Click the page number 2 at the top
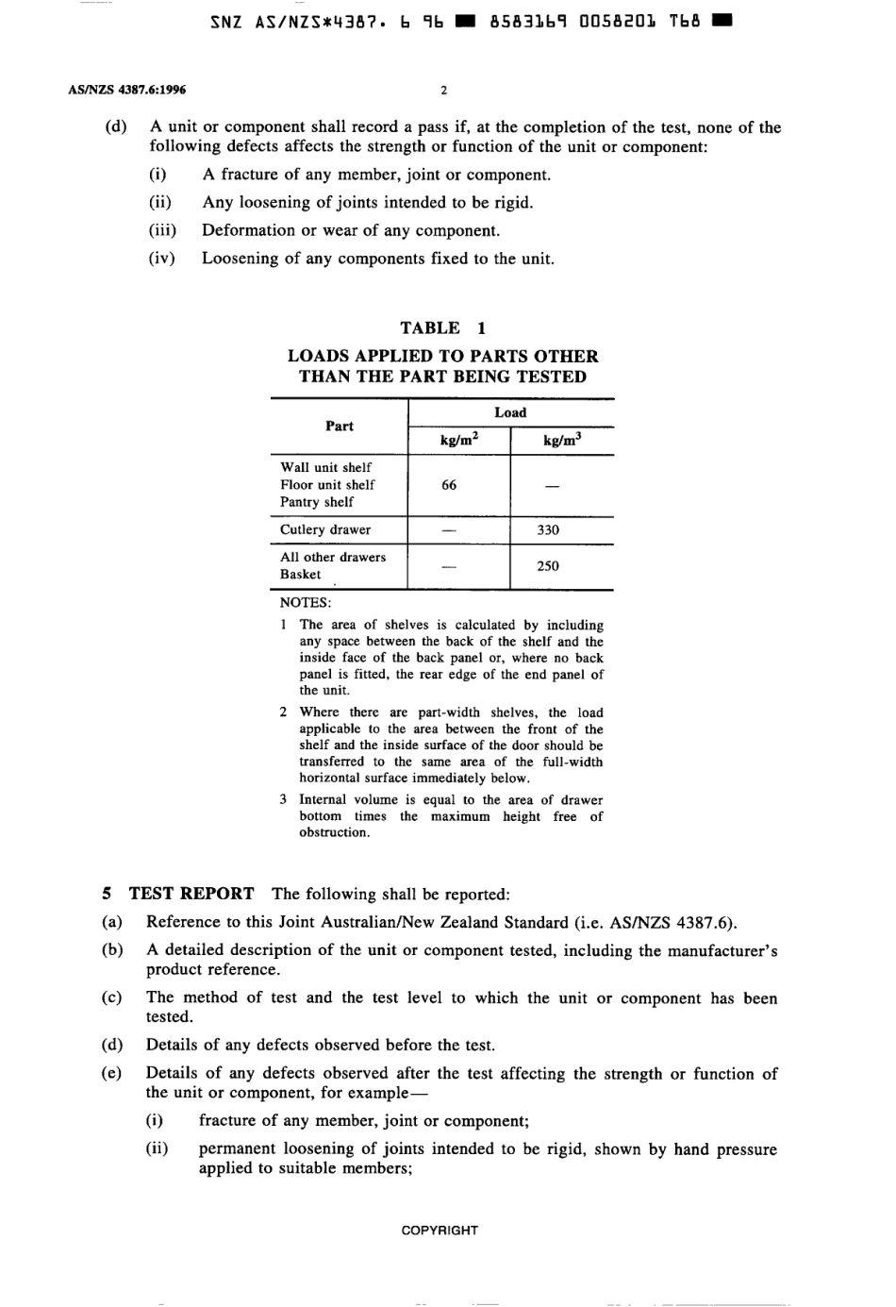[x=443, y=91]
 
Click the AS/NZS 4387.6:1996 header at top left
[x=127, y=91]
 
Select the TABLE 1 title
[x=442, y=328]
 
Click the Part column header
[x=340, y=427]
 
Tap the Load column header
[x=510, y=412]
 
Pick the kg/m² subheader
[x=459, y=440]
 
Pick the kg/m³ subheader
[x=561, y=440]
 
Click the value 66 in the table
[x=449, y=485]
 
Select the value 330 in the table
[x=548, y=530]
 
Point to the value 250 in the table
[x=548, y=566]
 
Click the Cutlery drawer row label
[x=325, y=530]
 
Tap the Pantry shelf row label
[x=317, y=502]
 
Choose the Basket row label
[x=300, y=575]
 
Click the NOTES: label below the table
[x=306, y=603]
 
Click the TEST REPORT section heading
[x=191, y=894]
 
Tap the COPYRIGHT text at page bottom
[x=440, y=1231]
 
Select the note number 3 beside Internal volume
[x=283, y=799]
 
